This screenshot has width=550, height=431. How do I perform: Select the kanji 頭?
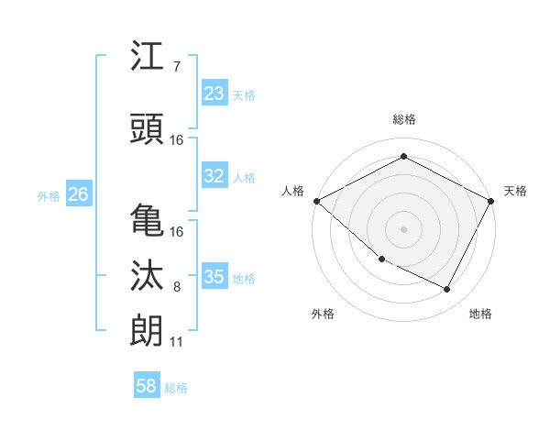point(147,127)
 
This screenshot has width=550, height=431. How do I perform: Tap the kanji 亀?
point(147,220)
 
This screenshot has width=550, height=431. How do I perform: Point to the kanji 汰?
point(147,276)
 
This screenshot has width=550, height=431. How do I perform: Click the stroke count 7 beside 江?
point(176,67)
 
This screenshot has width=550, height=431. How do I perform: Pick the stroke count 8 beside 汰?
point(176,287)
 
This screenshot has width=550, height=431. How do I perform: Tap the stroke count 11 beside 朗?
point(176,342)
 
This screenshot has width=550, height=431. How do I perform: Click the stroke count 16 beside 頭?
point(176,139)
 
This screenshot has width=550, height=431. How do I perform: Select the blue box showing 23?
point(214,94)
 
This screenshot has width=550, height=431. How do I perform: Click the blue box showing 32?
point(214,176)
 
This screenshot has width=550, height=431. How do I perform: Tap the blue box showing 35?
point(214,277)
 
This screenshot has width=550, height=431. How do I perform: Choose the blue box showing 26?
point(78,194)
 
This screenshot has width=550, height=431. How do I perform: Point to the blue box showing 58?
point(147,386)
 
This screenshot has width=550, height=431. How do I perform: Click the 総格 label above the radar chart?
point(403,119)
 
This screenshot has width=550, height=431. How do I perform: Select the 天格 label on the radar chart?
point(515,191)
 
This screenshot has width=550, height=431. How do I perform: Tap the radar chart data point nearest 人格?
point(316,201)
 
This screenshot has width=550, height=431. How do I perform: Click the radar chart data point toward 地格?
point(447,290)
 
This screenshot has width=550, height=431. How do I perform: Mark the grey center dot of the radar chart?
point(403,228)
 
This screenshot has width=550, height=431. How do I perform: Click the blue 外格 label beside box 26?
point(49,195)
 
